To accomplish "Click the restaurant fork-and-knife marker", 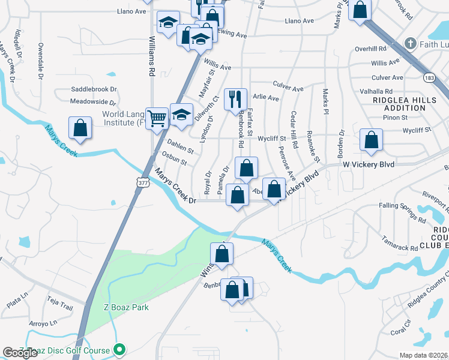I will (235, 100).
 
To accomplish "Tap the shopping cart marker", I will (157, 118).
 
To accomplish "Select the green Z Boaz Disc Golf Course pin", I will (119, 349).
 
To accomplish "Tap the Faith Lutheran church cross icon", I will (410, 43).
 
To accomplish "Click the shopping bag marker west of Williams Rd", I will (80, 128).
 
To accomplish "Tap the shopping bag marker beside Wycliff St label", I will (372, 140).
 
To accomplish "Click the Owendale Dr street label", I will (41, 61).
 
